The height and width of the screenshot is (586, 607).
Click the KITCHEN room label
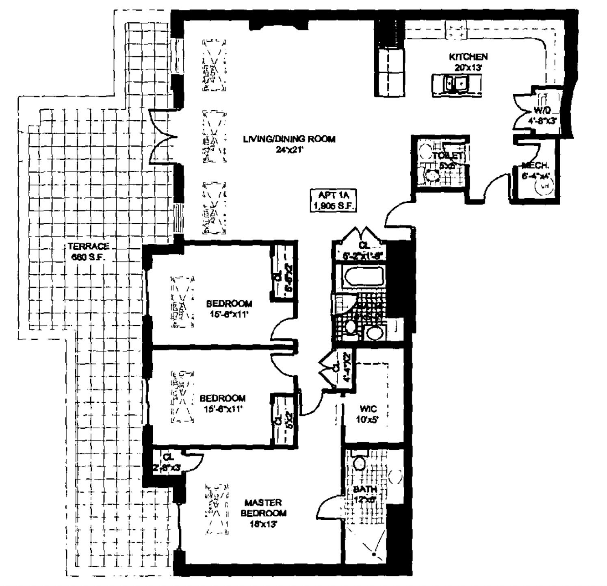pyautogui.click(x=468, y=56)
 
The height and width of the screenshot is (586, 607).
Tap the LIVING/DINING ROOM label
pyautogui.click(x=289, y=139)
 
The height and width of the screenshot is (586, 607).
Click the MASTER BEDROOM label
pyautogui.click(x=263, y=508)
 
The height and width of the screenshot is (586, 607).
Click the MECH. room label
pyautogui.click(x=535, y=165)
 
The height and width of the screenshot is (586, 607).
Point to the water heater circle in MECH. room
pyautogui.click(x=544, y=186)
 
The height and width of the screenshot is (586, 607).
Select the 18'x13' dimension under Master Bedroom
pyautogui.click(x=263, y=524)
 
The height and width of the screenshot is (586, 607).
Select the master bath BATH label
pyautogui.click(x=364, y=488)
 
